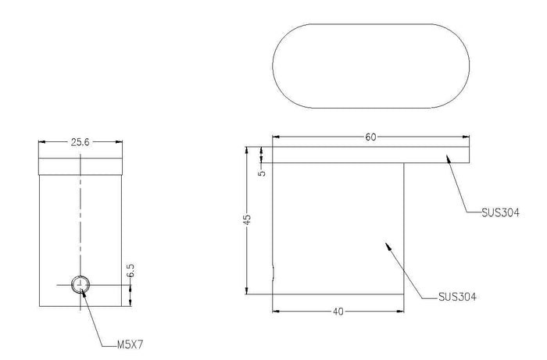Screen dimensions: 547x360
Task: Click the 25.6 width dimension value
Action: (x=80, y=142)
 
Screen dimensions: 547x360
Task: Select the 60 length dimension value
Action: (x=370, y=137)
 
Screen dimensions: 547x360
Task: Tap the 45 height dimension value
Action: (x=247, y=219)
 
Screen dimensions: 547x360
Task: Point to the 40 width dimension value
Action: (x=338, y=312)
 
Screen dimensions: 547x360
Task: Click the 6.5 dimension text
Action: (x=130, y=271)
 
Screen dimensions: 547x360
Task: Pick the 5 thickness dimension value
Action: (x=262, y=173)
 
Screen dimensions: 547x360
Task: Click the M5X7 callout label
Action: (x=130, y=344)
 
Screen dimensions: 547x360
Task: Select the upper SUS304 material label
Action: (x=500, y=212)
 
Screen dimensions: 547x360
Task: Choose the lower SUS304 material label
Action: (x=457, y=297)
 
